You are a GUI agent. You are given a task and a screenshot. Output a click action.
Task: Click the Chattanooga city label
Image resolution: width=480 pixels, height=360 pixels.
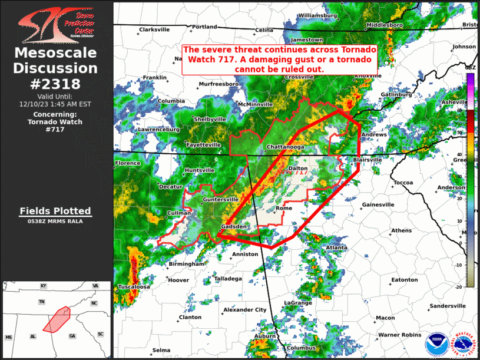[x=285, y=146]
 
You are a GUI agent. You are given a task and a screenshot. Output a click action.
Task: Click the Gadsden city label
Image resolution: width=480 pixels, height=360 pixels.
[x=233, y=227]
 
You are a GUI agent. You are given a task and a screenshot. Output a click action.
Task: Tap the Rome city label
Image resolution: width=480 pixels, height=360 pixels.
[x=284, y=209]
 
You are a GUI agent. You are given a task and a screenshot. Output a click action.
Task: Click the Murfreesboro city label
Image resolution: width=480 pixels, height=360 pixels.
[x=219, y=84]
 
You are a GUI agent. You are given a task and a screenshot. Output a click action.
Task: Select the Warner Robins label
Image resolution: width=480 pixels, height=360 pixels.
[x=400, y=335]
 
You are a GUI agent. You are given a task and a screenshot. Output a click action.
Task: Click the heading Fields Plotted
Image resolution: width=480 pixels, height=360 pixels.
[x=55, y=211]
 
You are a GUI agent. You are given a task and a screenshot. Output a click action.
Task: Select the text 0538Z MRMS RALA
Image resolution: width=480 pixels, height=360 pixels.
[x=55, y=222]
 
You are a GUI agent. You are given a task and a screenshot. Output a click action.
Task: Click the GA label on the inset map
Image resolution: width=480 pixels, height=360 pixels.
[x=72, y=336]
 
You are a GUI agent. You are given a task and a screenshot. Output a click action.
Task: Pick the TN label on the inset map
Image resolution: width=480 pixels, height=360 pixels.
[x=42, y=302]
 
